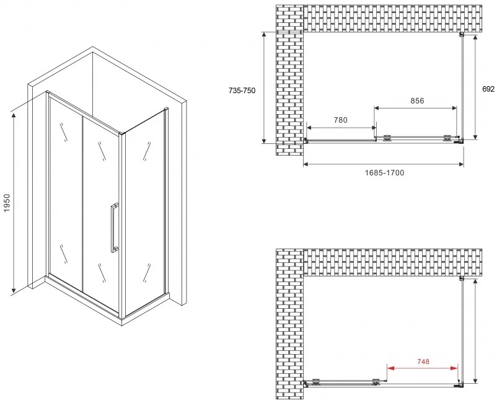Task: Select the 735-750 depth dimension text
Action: point(242,91)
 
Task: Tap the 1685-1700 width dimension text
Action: point(384,173)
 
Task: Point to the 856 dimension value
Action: point(417,101)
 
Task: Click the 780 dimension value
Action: point(340,120)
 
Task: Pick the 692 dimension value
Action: point(488,89)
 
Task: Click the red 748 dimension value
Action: point(423,361)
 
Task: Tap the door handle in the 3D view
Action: point(114,228)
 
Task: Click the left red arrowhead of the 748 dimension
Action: point(390,368)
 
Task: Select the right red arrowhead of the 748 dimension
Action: point(454,368)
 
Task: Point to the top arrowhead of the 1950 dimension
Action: point(13,115)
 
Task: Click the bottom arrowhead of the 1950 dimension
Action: point(13,290)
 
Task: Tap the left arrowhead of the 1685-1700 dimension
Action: point(307,164)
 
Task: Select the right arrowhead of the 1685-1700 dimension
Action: point(460,164)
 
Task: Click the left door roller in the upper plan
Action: point(387,138)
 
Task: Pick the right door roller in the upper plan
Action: point(447,138)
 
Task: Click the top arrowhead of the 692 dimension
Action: point(475,38)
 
